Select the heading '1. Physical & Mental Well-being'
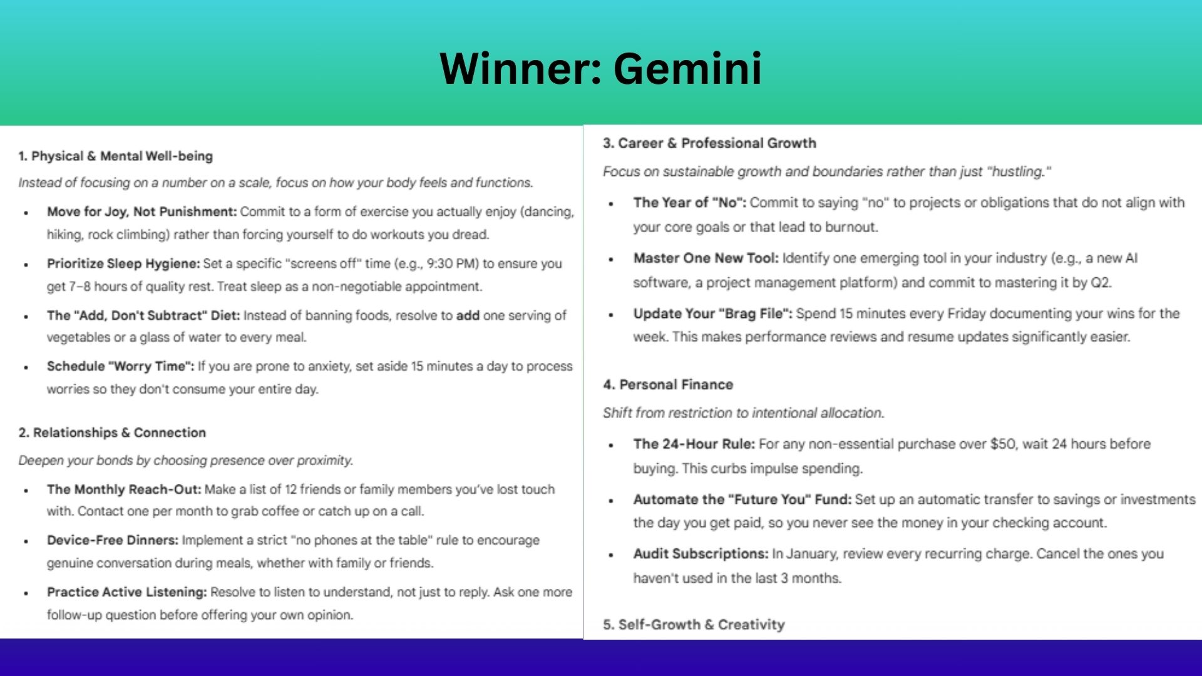[x=116, y=156]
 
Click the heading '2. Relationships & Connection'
[x=112, y=433]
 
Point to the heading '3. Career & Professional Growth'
[x=709, y=143]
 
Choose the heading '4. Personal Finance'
[x=668, y=384]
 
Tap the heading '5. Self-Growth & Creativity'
[x=694, y=624]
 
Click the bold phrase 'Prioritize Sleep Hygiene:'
[x=123, y=264]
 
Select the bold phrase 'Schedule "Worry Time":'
[x=120, y=366]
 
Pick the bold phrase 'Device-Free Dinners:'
[x=113, y=540]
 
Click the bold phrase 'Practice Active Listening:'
[x=126, y=592]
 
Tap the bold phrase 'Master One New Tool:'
[x=706, y=258]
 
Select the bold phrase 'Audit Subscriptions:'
[x=701, y=554]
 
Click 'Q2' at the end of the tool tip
[x=1100, y=282]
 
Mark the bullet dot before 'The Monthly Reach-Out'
[x=26, y=491]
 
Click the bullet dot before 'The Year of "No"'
[x=612, y=204]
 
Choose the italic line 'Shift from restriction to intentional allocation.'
[x=743, y=413]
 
